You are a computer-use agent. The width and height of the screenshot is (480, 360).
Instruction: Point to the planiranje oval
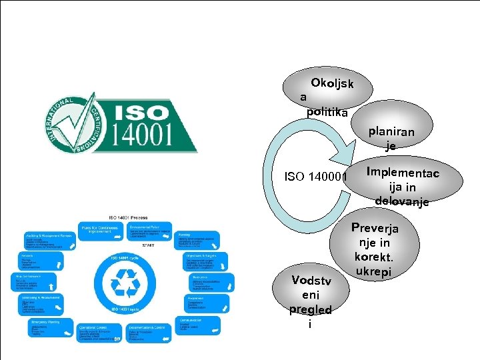(x=391, y=138)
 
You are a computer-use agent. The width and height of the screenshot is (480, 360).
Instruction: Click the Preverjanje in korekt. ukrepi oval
(x=375, y=249)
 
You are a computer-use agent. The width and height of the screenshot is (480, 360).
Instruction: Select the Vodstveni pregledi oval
(x=310, y=301)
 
